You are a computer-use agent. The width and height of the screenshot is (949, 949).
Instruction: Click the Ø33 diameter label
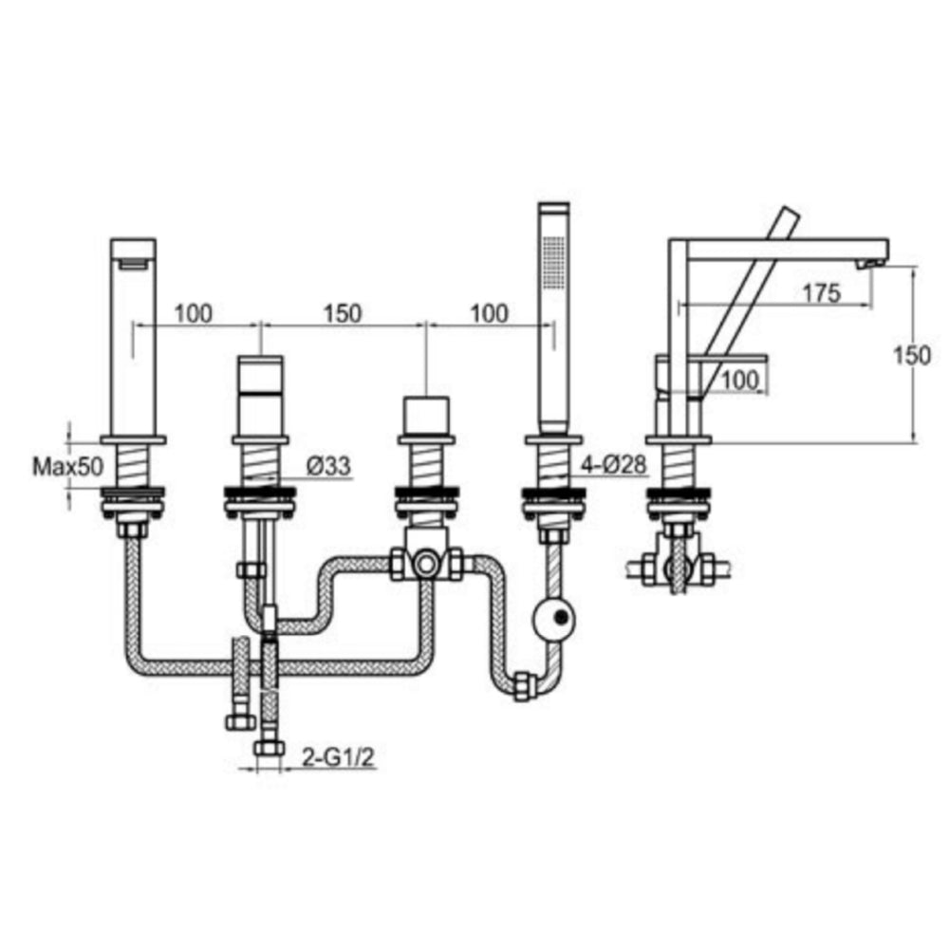tap(328, 466)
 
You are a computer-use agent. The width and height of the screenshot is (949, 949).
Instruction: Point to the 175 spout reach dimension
tap(820, 293)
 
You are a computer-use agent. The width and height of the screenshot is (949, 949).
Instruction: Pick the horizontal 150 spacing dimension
tap(343, 313)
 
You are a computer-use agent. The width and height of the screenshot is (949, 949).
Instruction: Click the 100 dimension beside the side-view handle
tap(741, 381)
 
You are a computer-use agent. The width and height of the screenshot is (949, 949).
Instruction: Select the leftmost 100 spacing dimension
tap(194, 313)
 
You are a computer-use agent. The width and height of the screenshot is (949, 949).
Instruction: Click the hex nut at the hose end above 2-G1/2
tap(268, 748)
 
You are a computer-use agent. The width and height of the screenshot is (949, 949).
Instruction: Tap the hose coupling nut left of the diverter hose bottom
tap(520, 685)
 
